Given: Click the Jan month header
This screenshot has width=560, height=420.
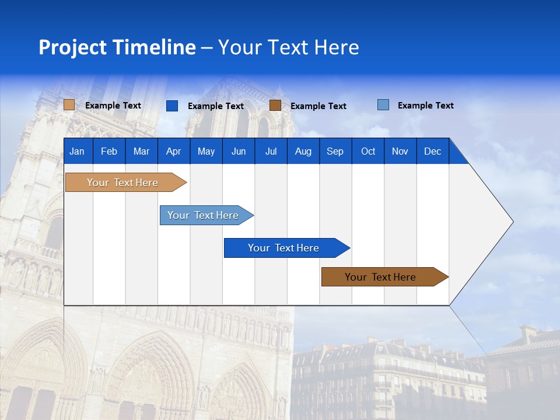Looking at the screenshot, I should coord(77,151).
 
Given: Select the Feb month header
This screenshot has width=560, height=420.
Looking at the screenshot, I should coord(109,151).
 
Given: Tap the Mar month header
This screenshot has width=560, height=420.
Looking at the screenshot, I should coord(141,151).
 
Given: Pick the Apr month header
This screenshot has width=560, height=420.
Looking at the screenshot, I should coord(173,151).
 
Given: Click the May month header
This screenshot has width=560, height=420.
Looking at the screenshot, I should coord(206,151).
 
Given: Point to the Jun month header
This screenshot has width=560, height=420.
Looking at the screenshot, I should coord(239,151).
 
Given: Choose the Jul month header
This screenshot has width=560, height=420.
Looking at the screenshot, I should coord(271,151).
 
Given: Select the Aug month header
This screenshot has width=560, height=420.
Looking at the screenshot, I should coord(303,151).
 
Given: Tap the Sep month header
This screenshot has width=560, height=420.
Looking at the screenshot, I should coord(335,151).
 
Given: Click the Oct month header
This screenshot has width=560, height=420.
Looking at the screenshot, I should coord(368,151).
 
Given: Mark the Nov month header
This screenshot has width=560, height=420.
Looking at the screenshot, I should coord(400,151).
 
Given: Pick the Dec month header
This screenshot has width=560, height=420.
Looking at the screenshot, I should coord(433,151).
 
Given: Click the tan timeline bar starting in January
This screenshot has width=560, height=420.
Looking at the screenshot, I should coord(123,183).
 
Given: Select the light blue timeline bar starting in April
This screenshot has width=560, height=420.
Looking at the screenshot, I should coord(204,215).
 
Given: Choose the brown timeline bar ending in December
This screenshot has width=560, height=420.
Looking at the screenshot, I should coord(381,277).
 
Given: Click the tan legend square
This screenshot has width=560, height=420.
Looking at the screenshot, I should coord(69,105).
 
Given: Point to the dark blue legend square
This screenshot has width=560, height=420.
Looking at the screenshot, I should coord(172,106).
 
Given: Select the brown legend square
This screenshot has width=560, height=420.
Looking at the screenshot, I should coord(275,105).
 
